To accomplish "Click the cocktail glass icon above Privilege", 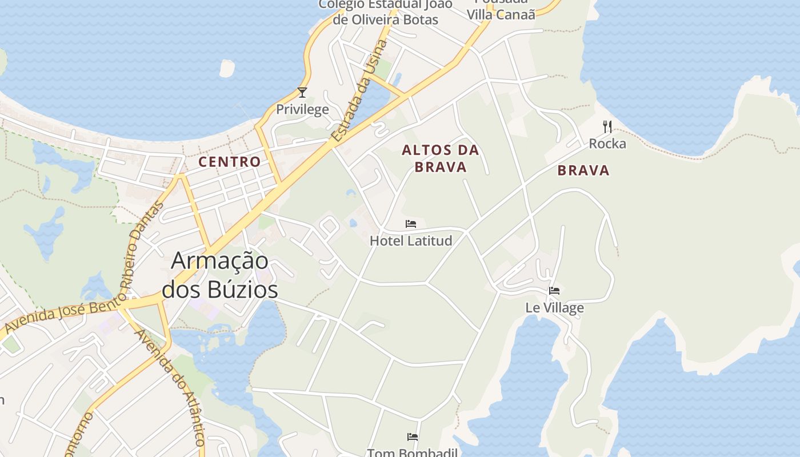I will (x=302, y=93).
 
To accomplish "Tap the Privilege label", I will (x=302, y=109).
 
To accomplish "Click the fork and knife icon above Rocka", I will (x=607, y=127).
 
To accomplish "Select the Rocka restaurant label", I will (x=607, y=143).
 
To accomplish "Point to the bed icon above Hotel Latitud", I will (x=411, y=224).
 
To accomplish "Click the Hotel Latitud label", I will (x=411, y=240).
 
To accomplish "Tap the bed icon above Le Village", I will (x=554, y=291).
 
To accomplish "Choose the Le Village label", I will (x=554, y=308).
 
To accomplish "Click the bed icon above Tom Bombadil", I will (x=413, y=438).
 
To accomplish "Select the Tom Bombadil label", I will (x=412, y=452).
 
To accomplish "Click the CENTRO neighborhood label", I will (x=230, y=162).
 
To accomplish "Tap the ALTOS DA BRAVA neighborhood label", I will (x=441, y=158).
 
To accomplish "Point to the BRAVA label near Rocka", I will (x=583, y=170).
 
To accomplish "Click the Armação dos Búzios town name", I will (x=220, y=275).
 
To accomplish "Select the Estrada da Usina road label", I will (x=359, y=91).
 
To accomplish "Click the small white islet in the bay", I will (x=227, y=69).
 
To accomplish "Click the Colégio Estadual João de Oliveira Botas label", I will (x=386, y=12).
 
